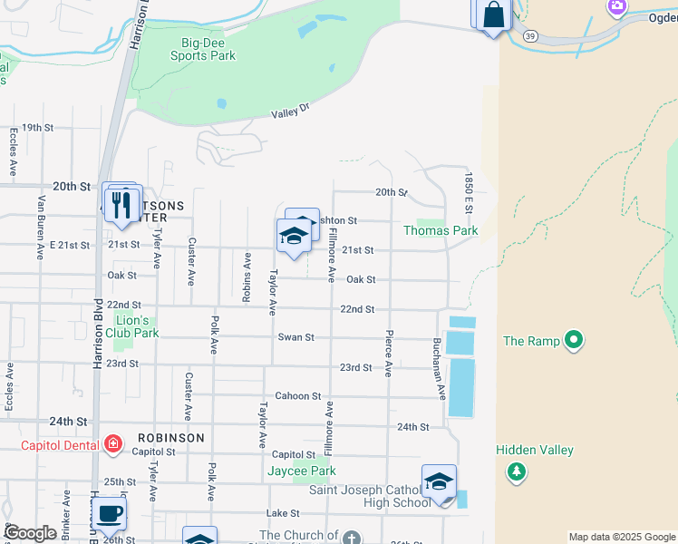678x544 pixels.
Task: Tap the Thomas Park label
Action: point(441,230)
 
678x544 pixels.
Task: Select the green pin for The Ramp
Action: point(573,341)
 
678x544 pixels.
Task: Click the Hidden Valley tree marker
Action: point(517,471)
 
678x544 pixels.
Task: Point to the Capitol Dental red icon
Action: point(113,444)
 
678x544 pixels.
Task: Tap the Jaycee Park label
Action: point(302,471)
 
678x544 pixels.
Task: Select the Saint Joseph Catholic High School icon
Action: point(439,481)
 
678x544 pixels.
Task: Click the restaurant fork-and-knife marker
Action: point(123,203)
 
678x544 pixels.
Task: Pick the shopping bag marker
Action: point(494,15)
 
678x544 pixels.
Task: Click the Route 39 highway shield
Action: point(529,34)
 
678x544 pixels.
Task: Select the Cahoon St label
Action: point(298,396)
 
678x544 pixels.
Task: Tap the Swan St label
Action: point(295,337)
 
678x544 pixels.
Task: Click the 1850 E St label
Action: point(470,193)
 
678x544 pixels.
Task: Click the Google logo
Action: point(30,533)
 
